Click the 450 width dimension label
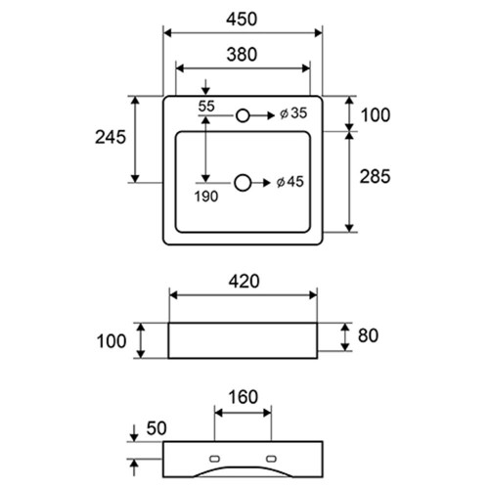pos(242,20)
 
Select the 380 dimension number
pos(242,55)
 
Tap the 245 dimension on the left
pos(111,137)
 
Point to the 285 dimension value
pos(375,177)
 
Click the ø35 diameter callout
pos(293,113)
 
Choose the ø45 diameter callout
pos(289,182)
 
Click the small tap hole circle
pos(243,115)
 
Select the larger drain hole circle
pos(243,183)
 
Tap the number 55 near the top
pos(206,106)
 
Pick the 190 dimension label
pos(206,197)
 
